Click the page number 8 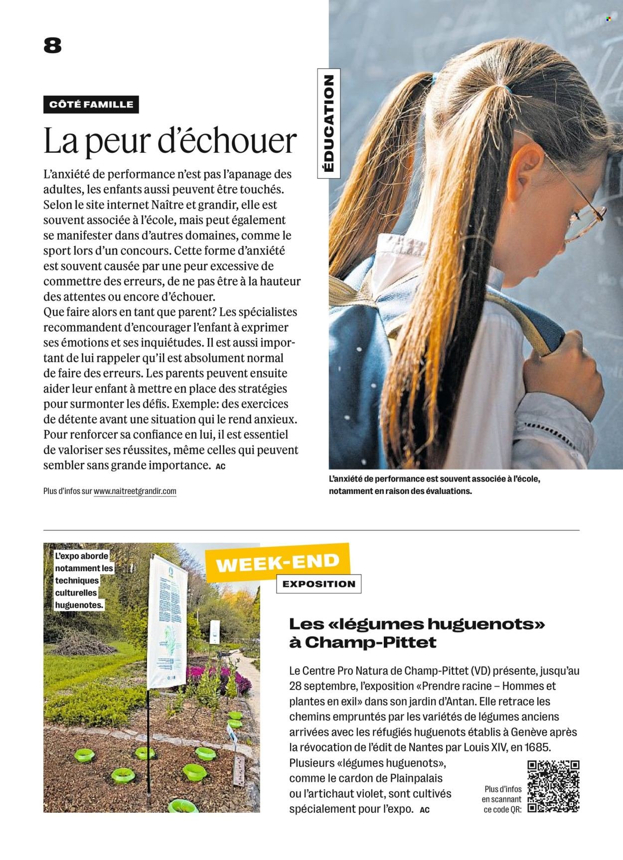point(52,46)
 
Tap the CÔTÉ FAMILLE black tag point(91,105)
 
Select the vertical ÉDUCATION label point(329,123)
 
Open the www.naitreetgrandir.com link point(135,491)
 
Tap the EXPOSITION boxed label point(319,584)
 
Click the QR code point(553,786)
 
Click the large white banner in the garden point(168,622)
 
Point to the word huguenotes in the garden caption point(79,606)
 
